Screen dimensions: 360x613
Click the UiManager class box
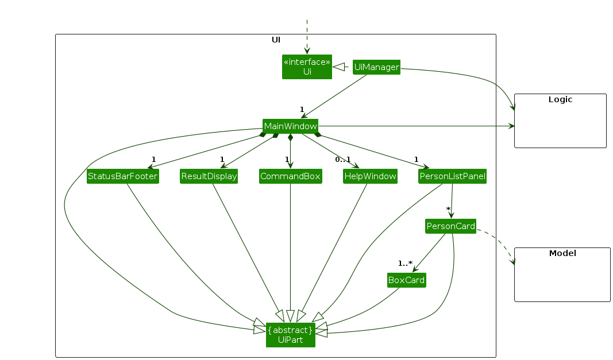(x=376, y=67)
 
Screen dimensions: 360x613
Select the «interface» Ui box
(x=307, y=67)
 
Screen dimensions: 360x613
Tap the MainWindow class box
(x=290, y=126)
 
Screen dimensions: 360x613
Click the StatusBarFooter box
(x=122, y=176)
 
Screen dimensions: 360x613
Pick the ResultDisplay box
(x=209, y=176)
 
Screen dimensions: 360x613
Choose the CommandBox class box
(x=290, y=176)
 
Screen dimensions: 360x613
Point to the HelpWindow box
(x=371, y=176)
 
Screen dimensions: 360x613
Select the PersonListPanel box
(x=452, y=176)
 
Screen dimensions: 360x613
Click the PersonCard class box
(x=451, y=226)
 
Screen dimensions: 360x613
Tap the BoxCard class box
(x=406, y=280)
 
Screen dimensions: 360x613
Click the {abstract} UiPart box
(x=290, y=335)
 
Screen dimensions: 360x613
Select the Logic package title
(x=560, y=99)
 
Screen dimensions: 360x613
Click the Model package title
(x=562, y=253)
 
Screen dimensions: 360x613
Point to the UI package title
(x=276, y=40)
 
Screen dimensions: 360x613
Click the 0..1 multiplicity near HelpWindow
(x=342, y=159)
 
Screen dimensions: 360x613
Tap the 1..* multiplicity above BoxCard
(x=405, y=263)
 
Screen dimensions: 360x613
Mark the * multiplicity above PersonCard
(x=448, y=209)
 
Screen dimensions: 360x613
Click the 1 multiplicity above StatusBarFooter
(x=153, y=159)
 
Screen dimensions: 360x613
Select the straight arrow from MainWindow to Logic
(x=414, y=126)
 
